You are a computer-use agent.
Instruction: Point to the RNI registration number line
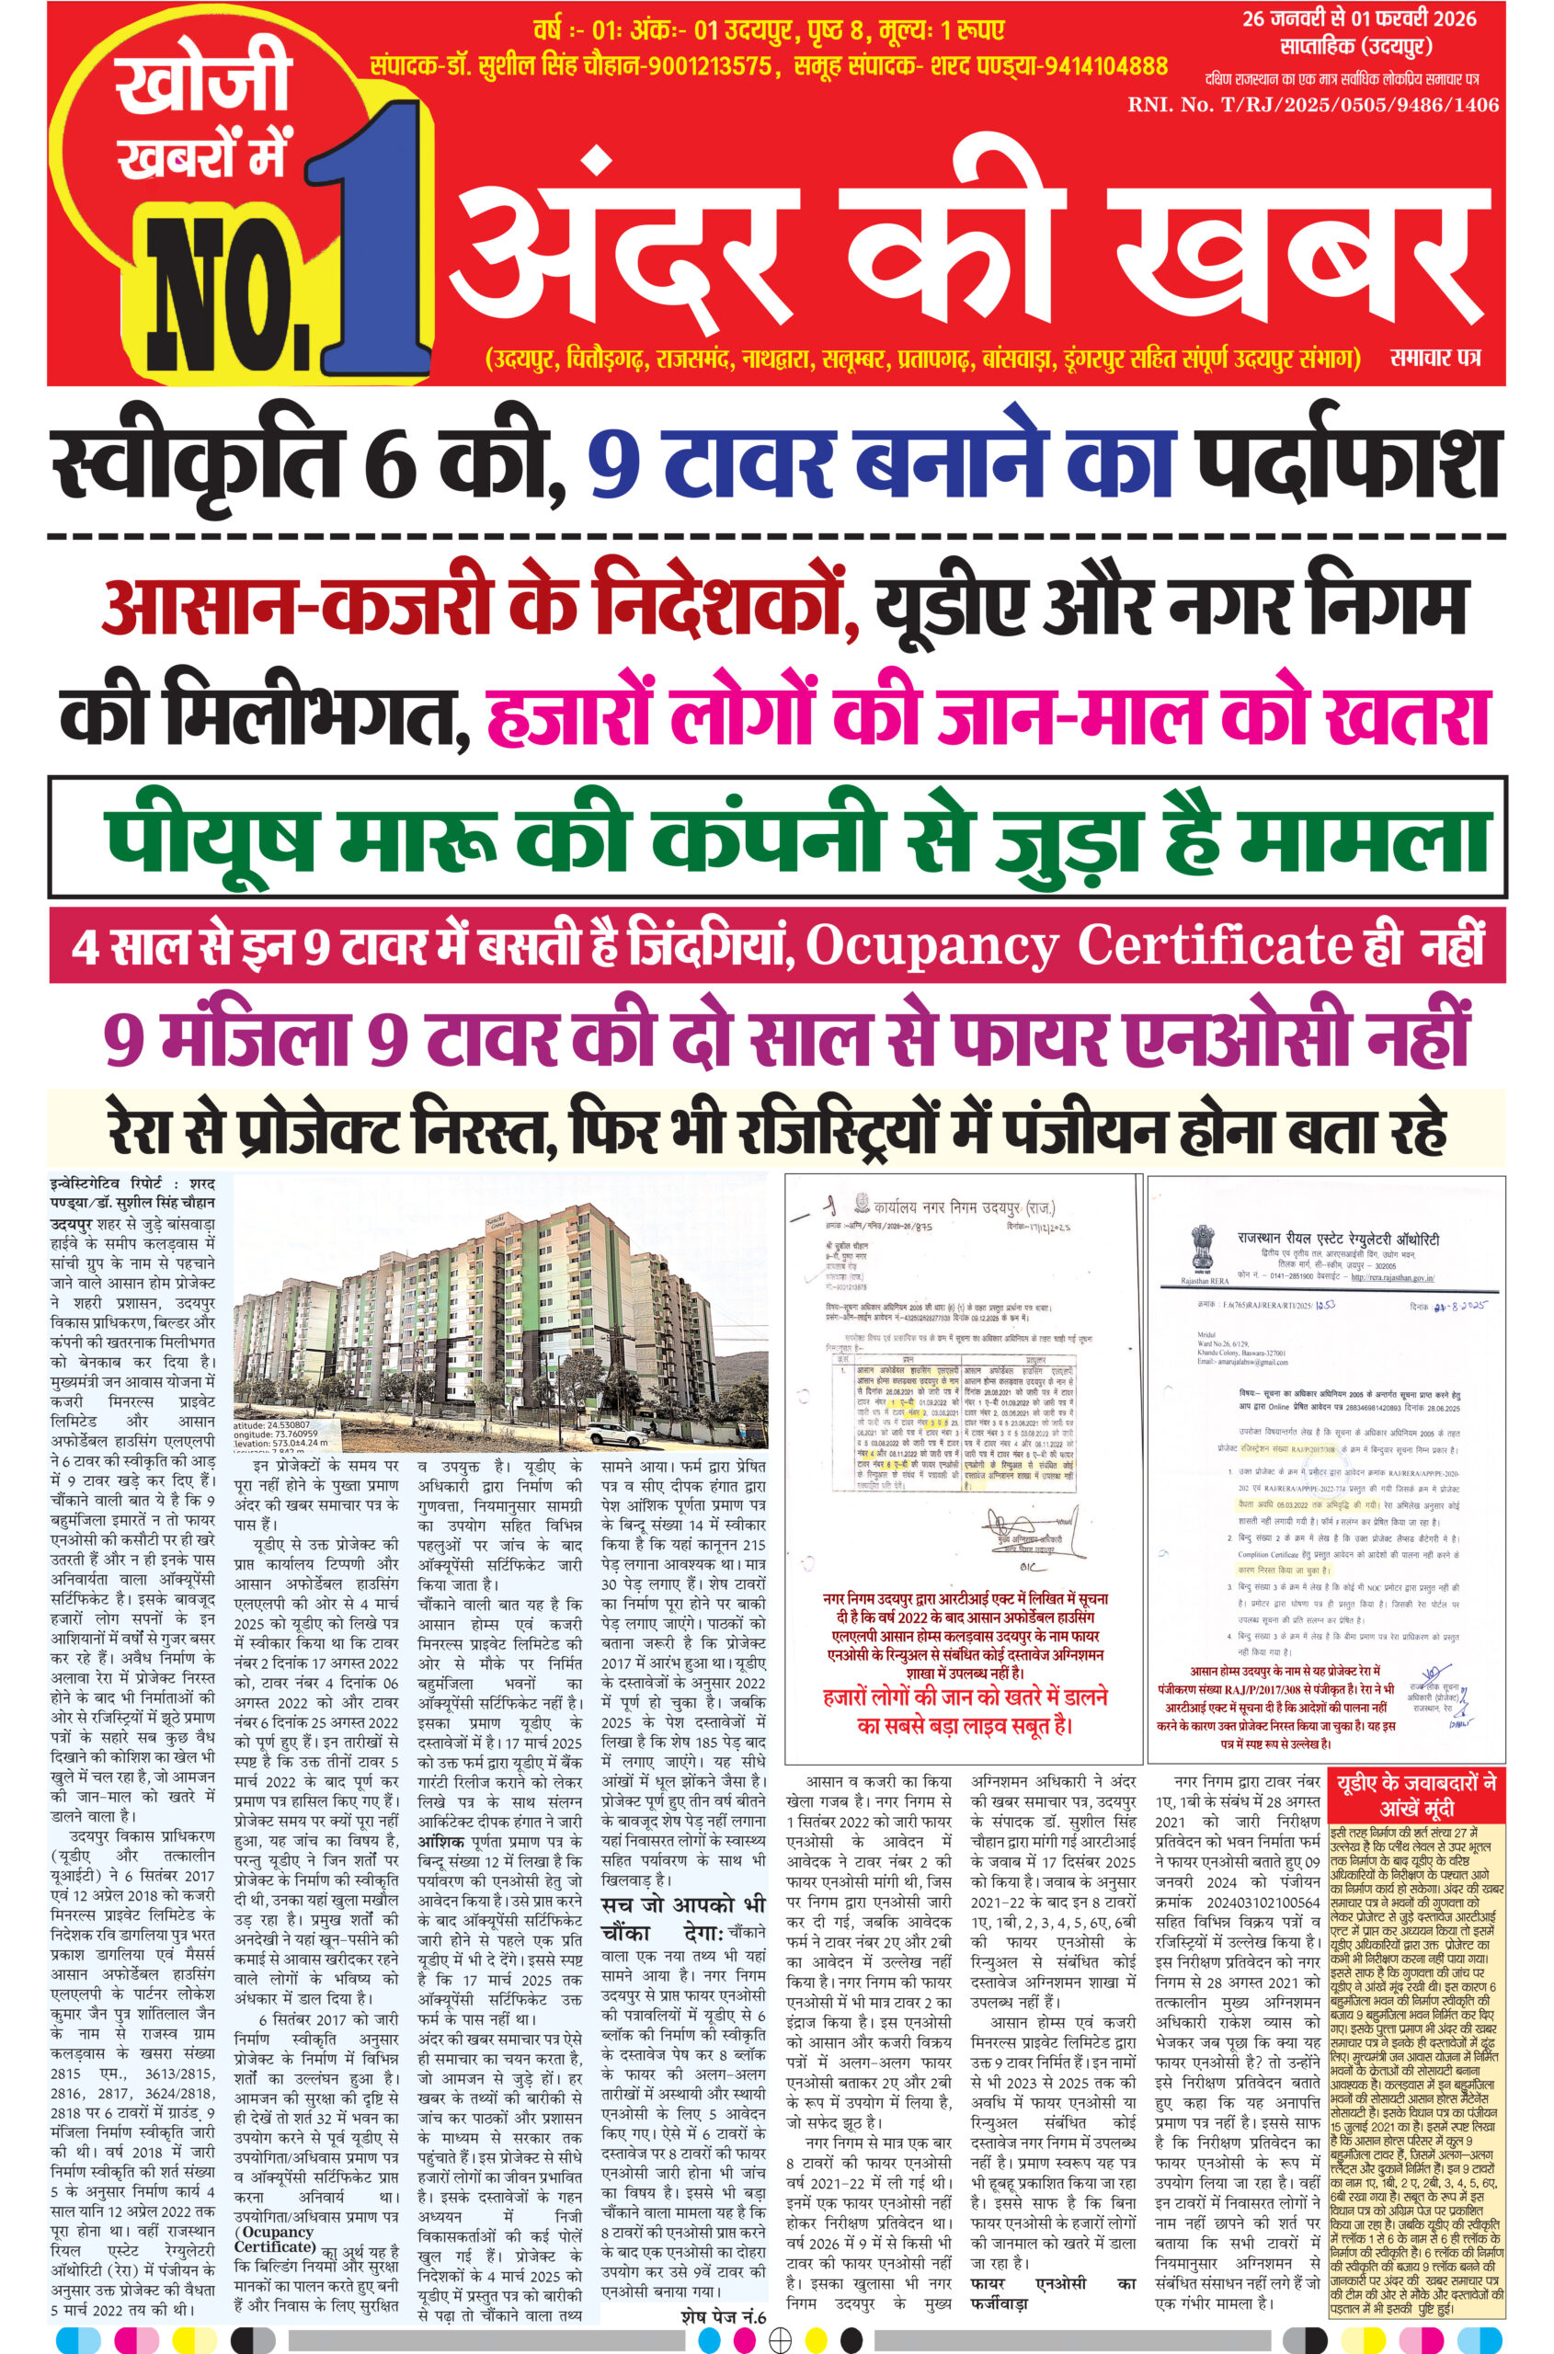click(x=1312, y=105)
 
